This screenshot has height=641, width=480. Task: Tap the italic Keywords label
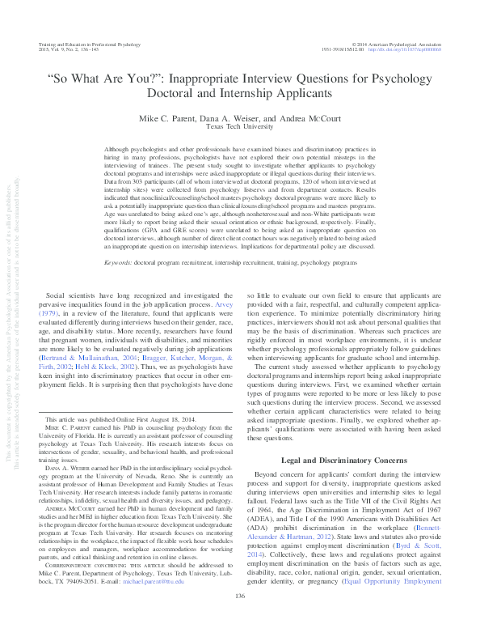point(120,196)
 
